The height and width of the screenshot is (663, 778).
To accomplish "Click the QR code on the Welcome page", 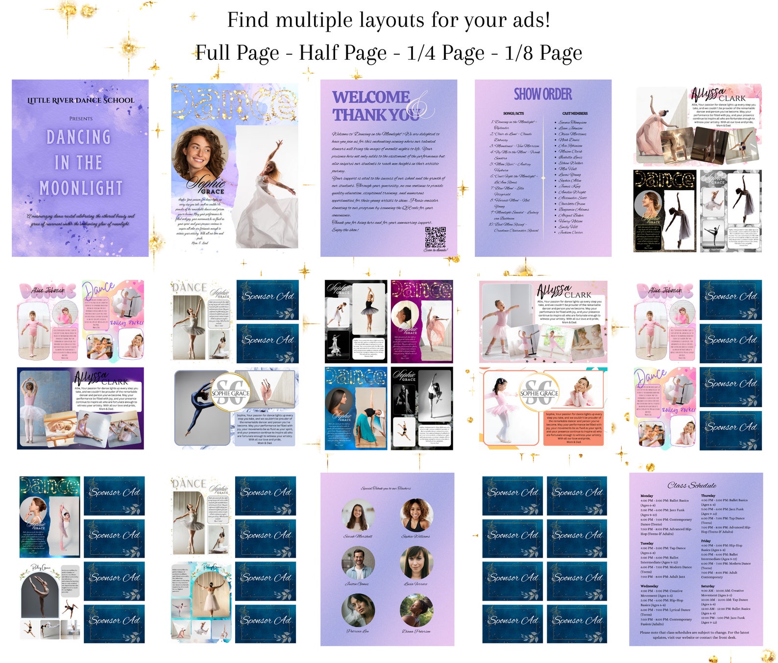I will coord(435,237).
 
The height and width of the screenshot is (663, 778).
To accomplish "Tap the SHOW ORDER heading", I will coord(542,94).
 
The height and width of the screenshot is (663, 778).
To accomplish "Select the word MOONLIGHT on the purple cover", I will coord(81,188).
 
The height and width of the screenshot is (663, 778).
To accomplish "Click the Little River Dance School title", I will coord(81,100).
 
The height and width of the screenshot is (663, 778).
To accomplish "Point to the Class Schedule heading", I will coord(692,485).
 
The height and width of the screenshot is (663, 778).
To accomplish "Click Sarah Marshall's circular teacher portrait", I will coord(358,515).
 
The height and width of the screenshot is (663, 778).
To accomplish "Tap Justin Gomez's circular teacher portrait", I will coord(358,563).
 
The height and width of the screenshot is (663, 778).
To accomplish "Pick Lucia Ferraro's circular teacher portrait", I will coord(416,563).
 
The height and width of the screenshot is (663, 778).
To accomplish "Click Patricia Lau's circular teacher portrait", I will coord(358,610).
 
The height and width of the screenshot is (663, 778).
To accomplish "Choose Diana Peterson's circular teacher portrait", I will coord(416,610).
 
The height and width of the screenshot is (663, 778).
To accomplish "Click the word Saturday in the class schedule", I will coord(708,586).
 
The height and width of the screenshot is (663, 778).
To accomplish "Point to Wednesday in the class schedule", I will coord(649,586).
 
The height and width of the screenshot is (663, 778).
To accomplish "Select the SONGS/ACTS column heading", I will coord(513,113).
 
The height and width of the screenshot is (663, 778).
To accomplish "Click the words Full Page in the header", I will coord(237,53).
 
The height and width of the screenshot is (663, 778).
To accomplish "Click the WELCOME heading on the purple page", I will coord(371,97).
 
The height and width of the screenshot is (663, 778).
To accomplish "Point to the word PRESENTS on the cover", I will coord(81,119).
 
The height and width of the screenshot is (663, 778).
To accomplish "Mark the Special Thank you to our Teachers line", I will coord(386,488).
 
